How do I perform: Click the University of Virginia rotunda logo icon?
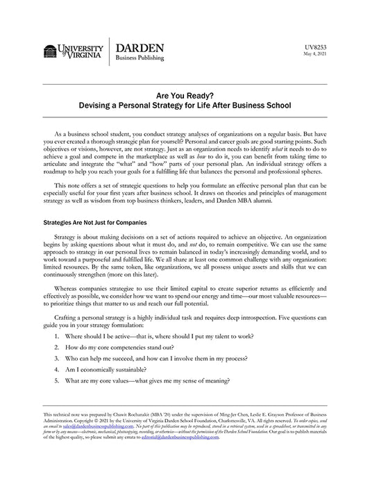point(49,51)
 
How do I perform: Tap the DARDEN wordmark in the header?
point(140,47)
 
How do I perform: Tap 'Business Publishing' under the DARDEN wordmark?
point(140,58)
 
